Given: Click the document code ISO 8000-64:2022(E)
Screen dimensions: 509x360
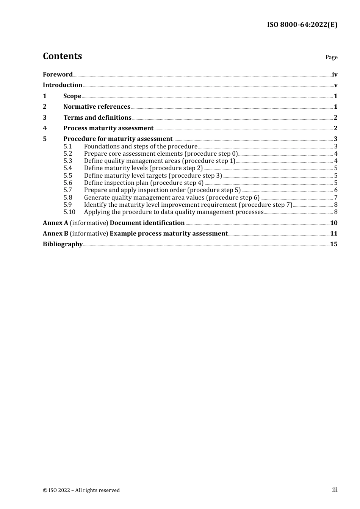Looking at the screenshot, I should coord(302,25).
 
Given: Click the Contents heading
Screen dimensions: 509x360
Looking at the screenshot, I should coord(62,56).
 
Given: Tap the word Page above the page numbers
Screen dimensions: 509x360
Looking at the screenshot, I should coord(331,57).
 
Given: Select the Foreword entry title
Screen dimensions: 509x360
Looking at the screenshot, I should coord(58,75).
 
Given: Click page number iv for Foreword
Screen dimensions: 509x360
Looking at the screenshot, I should coord(335,75).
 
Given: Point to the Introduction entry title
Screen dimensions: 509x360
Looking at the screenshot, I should coord(63,85).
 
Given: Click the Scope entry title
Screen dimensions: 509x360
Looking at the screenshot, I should coord(72,96).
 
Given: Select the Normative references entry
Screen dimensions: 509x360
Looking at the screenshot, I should coord(97,107).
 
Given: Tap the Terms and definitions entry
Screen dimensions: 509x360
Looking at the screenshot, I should coord(97,118).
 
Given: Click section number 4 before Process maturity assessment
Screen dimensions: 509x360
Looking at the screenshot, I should coord(45,128).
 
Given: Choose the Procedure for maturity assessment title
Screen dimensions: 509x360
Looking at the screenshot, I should coord(118,139).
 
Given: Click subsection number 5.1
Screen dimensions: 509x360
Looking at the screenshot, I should coord(67,147).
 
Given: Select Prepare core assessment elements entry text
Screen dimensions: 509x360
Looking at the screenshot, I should coord(161,154).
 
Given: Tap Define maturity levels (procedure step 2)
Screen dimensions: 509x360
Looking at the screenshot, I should coord(143,168).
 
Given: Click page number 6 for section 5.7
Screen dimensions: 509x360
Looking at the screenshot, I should coord(336,190).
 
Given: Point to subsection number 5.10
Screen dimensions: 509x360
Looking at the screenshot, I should coord(69,212).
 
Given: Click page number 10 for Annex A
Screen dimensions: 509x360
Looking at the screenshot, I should coord(334,223).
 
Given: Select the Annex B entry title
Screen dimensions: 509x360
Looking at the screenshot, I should coord(135,234).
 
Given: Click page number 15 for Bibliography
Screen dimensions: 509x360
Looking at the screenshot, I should coord(334,244).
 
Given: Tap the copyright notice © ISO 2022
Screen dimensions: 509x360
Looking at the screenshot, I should coord(81,490).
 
